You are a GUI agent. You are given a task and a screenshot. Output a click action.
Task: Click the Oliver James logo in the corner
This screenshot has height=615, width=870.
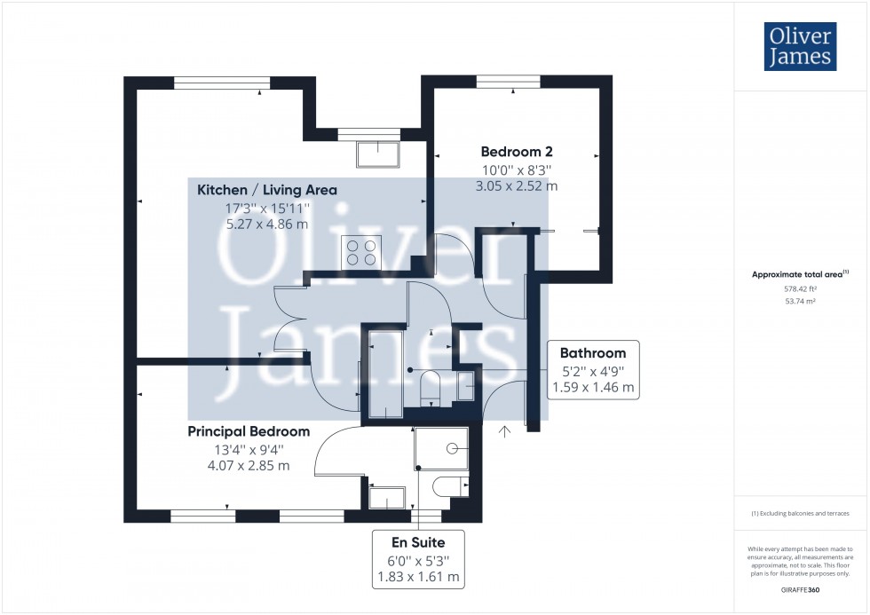(x=800, y=46)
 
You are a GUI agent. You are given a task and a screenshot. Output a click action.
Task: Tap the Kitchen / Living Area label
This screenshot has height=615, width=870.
(x=267, y=190)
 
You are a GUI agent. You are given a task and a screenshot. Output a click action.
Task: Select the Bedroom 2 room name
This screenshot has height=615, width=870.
(x=517, y=152)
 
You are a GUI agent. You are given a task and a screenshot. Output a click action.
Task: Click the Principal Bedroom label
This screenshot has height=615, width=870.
(x=249, y=431)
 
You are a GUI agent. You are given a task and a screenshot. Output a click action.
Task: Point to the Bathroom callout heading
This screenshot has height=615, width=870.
(x=593, y=353)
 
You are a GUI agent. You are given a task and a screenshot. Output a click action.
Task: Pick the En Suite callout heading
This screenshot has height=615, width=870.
(x=418, y=542)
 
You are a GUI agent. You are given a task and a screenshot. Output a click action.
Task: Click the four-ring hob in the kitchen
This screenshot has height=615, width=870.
(x=361, y=252)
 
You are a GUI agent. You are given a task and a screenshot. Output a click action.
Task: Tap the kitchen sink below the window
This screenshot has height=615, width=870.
(x=378, y=154)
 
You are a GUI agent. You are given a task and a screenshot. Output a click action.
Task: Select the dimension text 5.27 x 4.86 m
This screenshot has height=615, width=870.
(x=267, y=225)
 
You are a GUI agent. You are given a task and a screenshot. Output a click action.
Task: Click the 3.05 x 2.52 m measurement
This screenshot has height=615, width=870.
(x=517, y=186)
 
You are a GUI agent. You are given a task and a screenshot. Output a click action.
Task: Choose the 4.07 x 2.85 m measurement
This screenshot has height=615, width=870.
(x=249, y=466)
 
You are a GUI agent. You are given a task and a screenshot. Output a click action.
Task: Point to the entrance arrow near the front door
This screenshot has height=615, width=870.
(x=504, y=431)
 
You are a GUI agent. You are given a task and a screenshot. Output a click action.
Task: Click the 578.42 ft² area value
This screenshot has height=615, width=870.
(x=800, y=289)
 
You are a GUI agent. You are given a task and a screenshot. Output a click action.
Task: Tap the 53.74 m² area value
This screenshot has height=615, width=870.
(x=800, y=302)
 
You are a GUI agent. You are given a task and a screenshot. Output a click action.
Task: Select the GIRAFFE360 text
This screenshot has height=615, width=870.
(x=800, y=590)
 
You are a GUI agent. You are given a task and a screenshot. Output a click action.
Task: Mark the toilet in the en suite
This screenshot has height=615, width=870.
(x=450, y=486)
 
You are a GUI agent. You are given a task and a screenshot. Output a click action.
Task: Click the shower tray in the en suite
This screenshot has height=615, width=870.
(x=442, y=448)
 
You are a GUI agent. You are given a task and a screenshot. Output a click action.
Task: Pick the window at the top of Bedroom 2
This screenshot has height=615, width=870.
(x=508, y=82)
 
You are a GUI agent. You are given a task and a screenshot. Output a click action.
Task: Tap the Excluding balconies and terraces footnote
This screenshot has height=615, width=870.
(x=800, y=514)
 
